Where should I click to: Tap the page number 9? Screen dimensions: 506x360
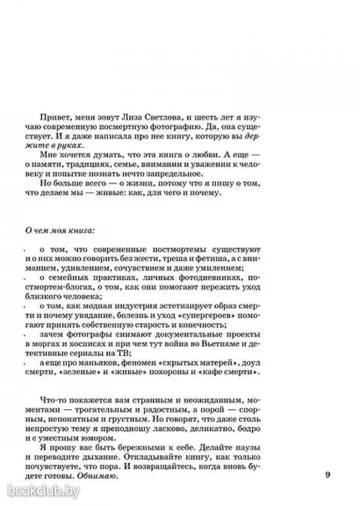(x=328, y=475)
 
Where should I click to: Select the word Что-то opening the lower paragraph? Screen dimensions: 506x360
(x=58, y=400)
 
